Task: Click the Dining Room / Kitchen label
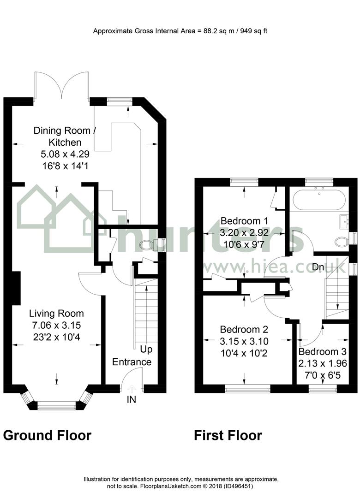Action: point(65,136)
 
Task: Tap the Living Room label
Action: point(57,314)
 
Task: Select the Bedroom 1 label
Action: point(244,221)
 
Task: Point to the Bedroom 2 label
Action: point(244,329)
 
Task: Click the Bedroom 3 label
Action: point(323,351)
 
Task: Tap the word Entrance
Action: point(132,362)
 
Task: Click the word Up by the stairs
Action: point(146,350)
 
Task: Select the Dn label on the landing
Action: point(318,267)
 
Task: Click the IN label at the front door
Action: point(132,399)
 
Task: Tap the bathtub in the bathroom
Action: point(319,200)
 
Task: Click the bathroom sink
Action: point(345,221)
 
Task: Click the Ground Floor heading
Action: point(48,435)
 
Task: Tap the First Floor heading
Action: point(228,435)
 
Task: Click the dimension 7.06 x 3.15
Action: point(57,325)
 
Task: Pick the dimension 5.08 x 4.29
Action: point(65,154)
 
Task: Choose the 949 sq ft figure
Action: point(254,31)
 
